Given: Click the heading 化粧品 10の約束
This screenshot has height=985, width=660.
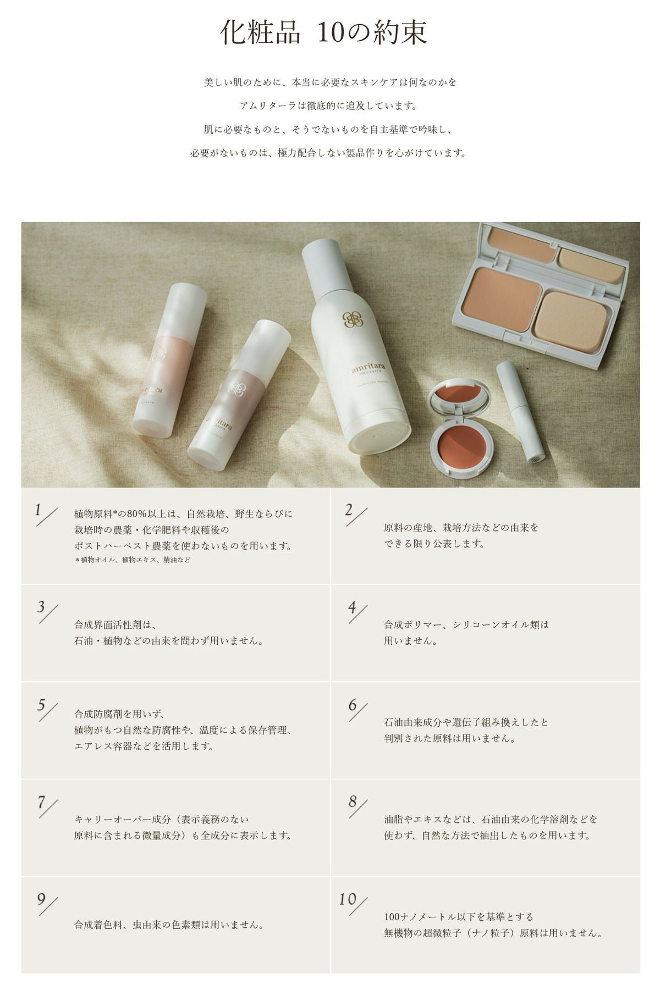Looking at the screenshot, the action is pyautogui.click(x=323, y=33).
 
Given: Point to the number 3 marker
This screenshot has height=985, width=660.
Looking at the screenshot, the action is pyautogui.click(x=41, y=607).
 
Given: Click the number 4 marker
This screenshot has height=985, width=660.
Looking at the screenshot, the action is pyautogui.click(x=352, y=607).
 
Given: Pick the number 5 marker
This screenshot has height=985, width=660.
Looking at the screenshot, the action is pyautogui.click(x=41, y=705).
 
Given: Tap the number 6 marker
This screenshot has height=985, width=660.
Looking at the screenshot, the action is pyautogui.click(x=352, y=705).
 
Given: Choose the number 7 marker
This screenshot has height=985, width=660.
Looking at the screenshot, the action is pyautogui.click(x=41, y=802).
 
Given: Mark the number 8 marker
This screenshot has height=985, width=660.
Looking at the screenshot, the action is pyautogui.click(x=353, y=802).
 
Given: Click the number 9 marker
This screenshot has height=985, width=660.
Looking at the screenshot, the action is pyautogui.click(x=41, y=899).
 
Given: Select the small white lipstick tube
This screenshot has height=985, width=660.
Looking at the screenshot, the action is pyautogui.click(x=520, y=412).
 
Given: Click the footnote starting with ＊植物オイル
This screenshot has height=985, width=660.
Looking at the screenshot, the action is pyautogui.click(x=133, y=560).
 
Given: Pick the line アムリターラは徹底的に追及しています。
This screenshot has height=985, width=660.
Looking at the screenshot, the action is pyautogui.click(x=328, y=106).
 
